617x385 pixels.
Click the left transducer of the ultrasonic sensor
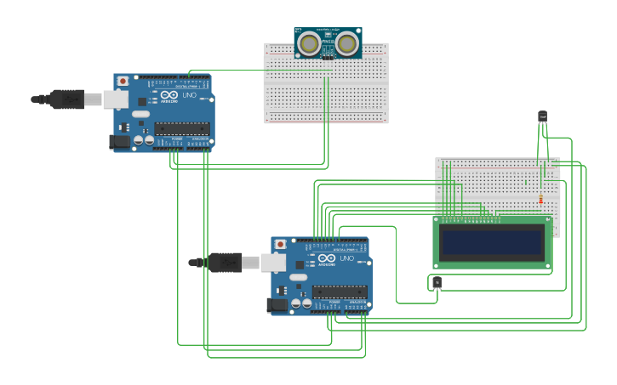pos(311,42)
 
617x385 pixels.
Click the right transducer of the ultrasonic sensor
pos(346,42)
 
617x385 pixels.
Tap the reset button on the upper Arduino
pos(123,82)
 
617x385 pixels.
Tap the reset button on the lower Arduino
pos(280,245)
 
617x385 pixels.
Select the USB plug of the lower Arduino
pos(225,263)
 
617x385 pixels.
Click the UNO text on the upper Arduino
pos(189,96)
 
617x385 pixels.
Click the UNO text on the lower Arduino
pos(346,259)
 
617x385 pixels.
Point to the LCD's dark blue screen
pos(493,243)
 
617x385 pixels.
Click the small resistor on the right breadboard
pos(540,201)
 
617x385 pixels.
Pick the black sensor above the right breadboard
pos(542,116)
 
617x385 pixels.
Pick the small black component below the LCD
pos(437,282)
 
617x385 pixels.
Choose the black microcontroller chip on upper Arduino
pos(181,129)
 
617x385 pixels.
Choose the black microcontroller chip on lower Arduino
pos(339,292)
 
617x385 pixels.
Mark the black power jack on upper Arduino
pos(120,142)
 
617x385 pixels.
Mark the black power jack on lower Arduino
pos(277,305)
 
